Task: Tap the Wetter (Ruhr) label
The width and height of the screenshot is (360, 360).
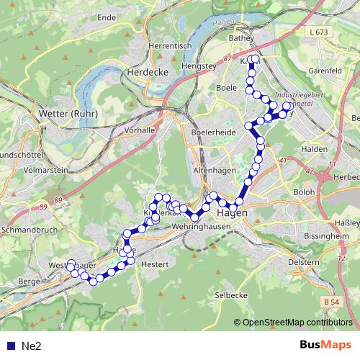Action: (x=64, y=114)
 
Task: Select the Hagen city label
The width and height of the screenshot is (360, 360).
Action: (x=232, y=213)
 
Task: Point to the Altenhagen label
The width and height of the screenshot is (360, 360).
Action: (x=215, y=171)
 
